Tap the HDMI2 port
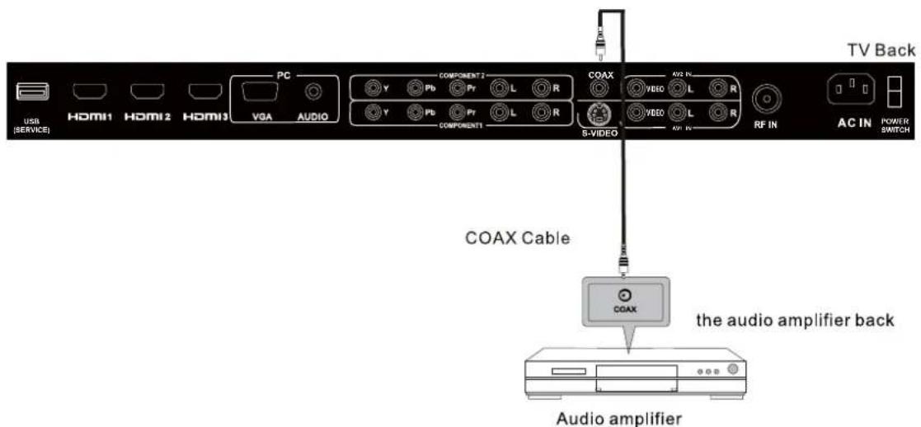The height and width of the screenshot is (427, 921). pyautogui.click(x=148, y=93)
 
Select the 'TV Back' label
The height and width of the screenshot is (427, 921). pyautogui.click(x=880, y=51)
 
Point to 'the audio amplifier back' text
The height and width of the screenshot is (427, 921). pyautogui.click(x=795, y=320)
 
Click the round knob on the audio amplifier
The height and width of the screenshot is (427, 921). pyautogui.click(x=731, y=369)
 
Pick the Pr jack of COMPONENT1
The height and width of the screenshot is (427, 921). pyautogui.click(x=458, y=111)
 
